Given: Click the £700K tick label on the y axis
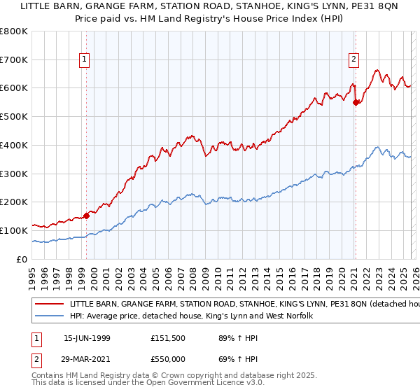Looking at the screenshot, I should click(15, 60).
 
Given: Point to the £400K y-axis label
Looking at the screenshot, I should click(15, 146).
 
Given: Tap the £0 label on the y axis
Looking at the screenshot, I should click(22, 260).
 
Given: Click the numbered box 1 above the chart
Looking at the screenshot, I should click(84, 60).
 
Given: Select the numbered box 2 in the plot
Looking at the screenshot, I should click(354, 60).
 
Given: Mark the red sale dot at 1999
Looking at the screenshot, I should click(87, 216).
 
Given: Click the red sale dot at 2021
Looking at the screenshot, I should click(356, 102).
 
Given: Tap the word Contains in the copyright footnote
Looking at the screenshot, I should click(48, 376).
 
